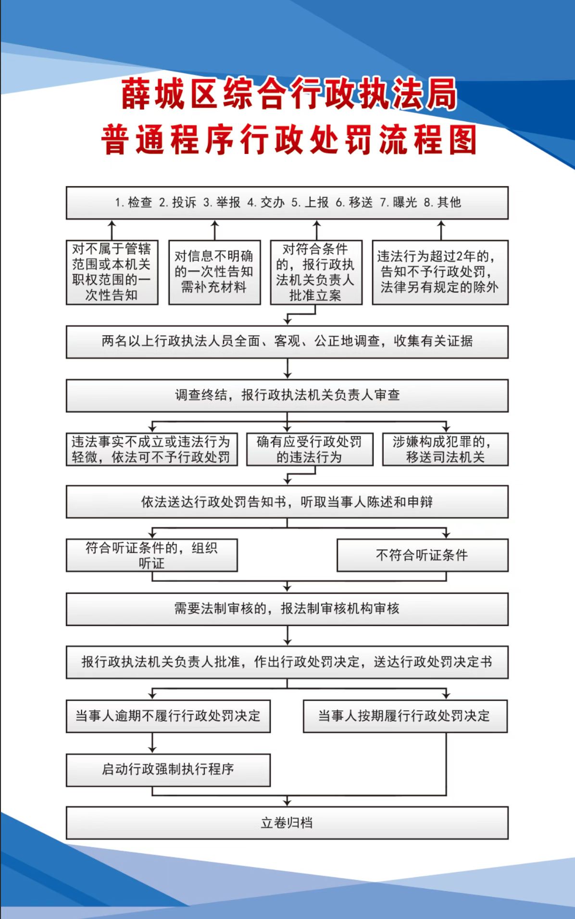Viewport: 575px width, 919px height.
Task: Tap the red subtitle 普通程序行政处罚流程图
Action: tap(288, 140)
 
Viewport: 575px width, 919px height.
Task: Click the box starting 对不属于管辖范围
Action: tap(112, 272)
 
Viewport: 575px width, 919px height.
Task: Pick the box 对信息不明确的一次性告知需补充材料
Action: tap(214, 272)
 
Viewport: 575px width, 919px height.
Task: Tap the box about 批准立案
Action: tap(316, 272)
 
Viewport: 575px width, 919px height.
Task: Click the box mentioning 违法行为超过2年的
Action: tap(440, 272)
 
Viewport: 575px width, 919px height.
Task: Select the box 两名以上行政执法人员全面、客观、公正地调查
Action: tap(287, 342)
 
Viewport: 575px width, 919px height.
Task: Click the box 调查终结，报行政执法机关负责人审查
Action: tap(287, 396)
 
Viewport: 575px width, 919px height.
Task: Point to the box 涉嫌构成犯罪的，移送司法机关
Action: tap(445, 449)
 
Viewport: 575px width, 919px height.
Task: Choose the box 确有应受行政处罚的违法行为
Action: tap(310, 449)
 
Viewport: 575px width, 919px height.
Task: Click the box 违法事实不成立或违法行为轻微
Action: tap(152, 449)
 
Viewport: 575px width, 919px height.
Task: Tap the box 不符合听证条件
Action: tap(422, 555)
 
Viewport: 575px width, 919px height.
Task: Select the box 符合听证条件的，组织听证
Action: tap(152, 555)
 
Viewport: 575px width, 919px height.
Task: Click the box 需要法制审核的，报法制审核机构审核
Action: tap(287, 609)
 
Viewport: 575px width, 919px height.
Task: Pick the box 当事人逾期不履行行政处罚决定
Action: tap(168, 716)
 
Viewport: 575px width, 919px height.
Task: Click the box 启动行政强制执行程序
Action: tap(168, 770)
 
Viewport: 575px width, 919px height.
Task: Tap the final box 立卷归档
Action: tap(287, 823)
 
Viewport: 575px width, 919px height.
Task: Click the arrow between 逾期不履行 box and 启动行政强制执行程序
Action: tap(152, 743)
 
